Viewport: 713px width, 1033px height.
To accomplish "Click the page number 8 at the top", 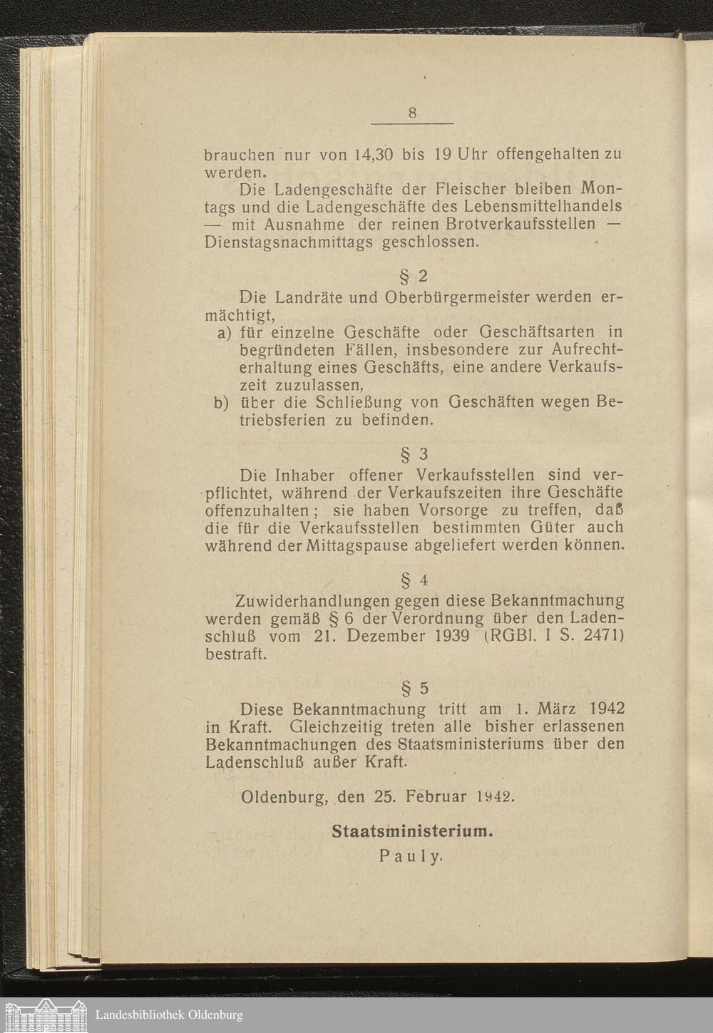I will coord(412,113).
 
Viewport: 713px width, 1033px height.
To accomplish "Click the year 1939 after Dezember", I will coord(451,635).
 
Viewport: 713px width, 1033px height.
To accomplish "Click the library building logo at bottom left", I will coord(47,1014).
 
